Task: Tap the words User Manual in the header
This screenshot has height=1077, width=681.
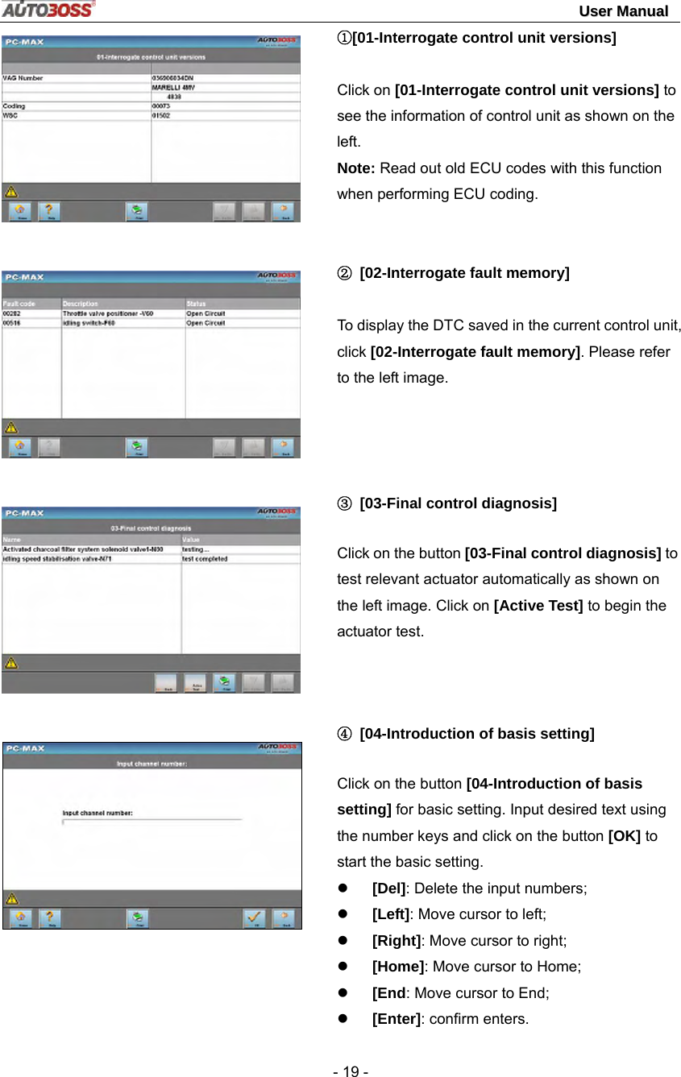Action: (623, 10)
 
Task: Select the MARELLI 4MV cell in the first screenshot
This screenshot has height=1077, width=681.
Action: (173, 87)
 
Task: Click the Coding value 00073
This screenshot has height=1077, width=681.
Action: (163, 106)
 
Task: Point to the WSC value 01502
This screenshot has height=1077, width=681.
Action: (163, 114)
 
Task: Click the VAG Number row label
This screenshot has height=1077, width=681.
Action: (23, 78)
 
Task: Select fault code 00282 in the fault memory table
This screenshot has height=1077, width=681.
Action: (12, 313)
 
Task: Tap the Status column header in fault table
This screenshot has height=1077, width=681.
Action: (196, 304)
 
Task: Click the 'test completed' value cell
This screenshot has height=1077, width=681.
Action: (205, 559)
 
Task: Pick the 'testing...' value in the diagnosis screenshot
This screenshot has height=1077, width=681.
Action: (196, 549)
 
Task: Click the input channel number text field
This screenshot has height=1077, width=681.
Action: (152, 822)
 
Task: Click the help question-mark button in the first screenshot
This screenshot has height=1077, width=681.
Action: (51, 211)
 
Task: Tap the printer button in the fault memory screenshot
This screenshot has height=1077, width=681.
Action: (137, 447)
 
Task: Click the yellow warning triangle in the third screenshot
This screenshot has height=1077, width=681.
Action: (11, 663)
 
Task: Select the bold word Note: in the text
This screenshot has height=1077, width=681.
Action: (356, 168)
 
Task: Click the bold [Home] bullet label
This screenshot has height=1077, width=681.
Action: (397, 967)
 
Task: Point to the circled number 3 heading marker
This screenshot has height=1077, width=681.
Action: (344, 503)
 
